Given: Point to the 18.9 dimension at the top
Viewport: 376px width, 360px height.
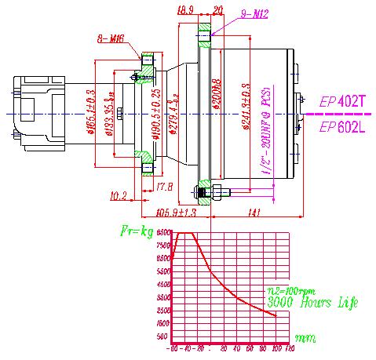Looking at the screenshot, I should tap(185, 10).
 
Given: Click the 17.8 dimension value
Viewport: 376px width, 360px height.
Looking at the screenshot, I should tap(165, 186).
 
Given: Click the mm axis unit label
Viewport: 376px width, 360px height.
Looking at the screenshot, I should tap(305, 338).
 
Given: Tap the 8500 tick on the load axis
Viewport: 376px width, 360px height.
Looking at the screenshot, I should tap(163, 233).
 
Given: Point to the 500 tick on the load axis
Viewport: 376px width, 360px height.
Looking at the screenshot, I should tap(164, 336).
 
